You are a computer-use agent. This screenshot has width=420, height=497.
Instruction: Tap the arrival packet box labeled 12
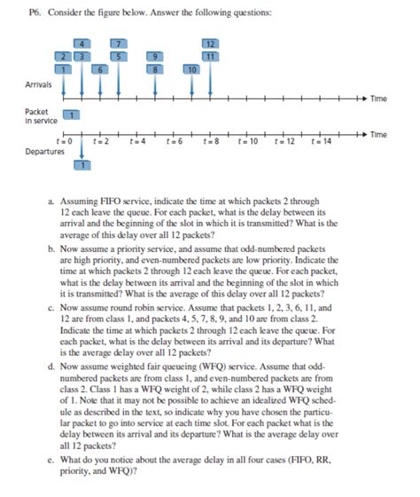pyautogui.click(x=210, y=44)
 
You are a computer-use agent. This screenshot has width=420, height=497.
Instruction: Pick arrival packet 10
pyautogui.click(x=191, y=68)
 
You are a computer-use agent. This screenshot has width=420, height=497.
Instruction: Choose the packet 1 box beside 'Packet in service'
pyautogui.click(x=74, y=113)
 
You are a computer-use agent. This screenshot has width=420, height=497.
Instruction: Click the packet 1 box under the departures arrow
pyautogui.click(x=82, y=164)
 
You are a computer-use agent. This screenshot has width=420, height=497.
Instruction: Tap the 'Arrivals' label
pyautogui.click(x=38, y=86)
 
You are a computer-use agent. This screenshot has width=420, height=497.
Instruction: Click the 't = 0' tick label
pyautogui.click(x=63, y=141)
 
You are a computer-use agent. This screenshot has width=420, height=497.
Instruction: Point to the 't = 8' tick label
pyautogui.click(x=210, y=141)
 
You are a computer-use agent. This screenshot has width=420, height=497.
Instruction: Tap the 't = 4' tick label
pyautogui.click(x=136, y=141)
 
